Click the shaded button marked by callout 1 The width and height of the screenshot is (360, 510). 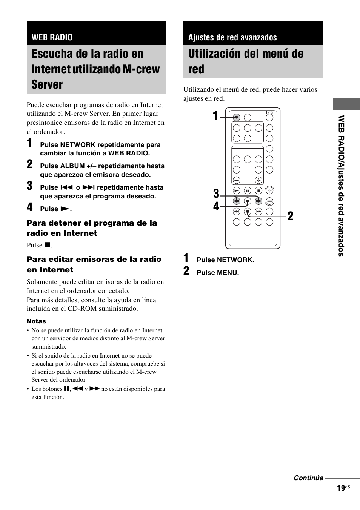237,117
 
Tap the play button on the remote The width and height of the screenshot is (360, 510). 237,191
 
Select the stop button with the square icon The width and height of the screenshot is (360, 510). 258,191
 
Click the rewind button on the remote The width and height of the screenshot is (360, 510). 237,212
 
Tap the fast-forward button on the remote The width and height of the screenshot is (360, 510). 258,212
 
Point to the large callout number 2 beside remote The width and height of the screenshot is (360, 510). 290,216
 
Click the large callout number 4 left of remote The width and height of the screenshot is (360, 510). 216,207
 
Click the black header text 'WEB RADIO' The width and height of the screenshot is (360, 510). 52,37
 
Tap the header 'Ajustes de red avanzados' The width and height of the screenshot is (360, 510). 232,37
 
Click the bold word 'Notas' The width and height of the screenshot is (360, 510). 36,321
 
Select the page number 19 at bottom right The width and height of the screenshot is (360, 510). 340,488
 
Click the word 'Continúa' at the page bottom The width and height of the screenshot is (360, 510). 308,478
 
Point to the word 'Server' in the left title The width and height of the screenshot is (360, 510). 47,84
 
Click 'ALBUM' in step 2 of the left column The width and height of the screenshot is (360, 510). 72,166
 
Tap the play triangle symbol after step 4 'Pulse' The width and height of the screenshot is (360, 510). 65,209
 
